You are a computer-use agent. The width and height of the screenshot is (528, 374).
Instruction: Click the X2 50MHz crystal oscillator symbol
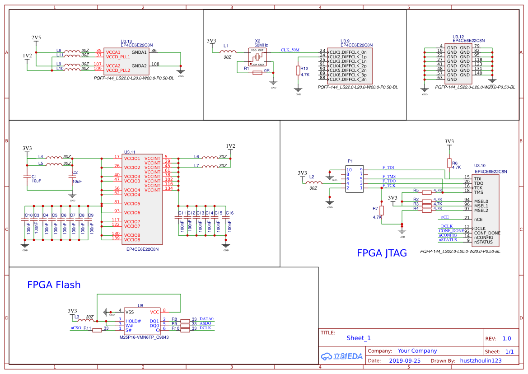[x=257, y=57]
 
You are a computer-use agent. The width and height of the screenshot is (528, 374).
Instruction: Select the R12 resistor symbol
[x=298, y=70]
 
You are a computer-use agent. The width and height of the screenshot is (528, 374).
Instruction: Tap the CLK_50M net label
[x=290, y=50]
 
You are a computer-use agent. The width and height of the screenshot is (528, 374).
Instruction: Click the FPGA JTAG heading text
[x=382, y=253]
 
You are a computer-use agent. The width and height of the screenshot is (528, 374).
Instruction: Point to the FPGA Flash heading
[x=54, y=285]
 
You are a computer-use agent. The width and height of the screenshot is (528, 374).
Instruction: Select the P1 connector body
[x=355, y=179]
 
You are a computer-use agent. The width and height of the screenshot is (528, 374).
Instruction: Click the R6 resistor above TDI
[x=449, y=163]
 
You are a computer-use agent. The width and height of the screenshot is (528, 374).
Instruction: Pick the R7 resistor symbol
[x=382, y=210]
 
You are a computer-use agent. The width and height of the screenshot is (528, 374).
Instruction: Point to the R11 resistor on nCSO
[x=97, y=330]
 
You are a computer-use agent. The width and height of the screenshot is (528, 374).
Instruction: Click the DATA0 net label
[x=206, y=319]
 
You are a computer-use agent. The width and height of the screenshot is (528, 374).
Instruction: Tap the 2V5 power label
[x=36, y=37]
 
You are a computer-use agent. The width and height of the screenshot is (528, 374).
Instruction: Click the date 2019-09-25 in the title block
[x=404, y=360]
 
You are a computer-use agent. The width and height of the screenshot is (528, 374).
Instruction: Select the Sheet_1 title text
[x=359, y=338]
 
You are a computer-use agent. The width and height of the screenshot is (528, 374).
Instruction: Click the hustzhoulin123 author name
[x=481, y=360]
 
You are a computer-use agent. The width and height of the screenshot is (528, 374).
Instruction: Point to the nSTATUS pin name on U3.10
[x=483, y=242]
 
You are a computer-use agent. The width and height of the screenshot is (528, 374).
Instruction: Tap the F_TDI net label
[x=388, y=168]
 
